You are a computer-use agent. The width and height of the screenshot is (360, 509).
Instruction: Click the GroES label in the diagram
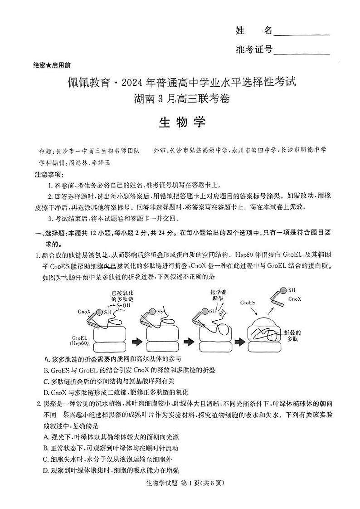pos(247,302)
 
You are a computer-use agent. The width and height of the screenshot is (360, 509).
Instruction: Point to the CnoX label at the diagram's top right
pos(295,299)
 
